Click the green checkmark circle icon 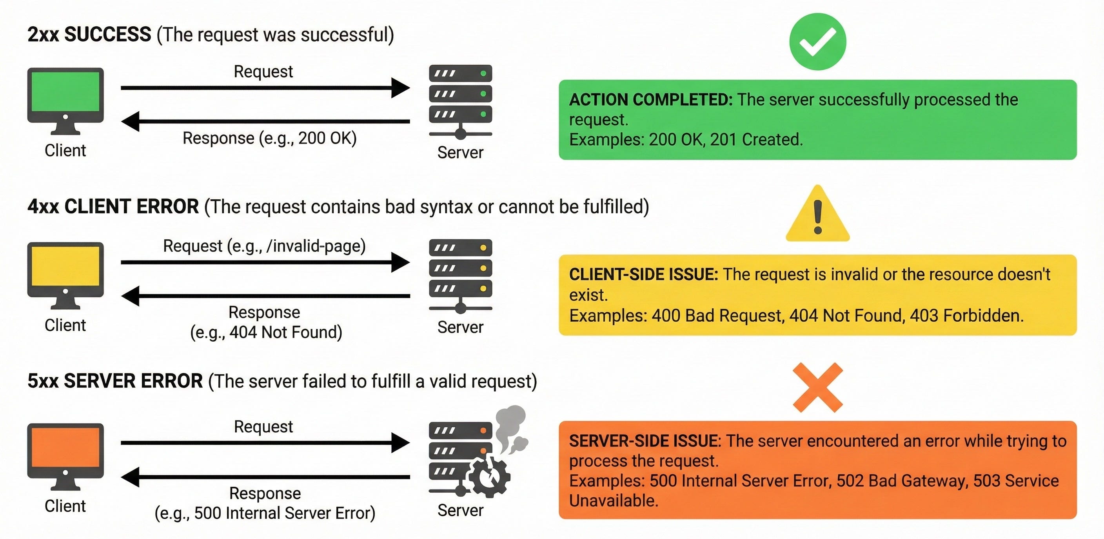(x=818, y=42)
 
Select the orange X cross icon (x=818, y=388)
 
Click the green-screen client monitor (x=65, y=101)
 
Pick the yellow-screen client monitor (x=65, y=275)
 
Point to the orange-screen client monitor (x=65, y=457)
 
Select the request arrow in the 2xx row (x=265, y=88)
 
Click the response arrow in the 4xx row (x=266, y=296)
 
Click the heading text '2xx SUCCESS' (x=89, y=34)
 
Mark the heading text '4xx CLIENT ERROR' (x=113, y=207)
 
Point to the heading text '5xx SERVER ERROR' (x=115, y=381)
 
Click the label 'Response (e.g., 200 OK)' (x=270, y=138)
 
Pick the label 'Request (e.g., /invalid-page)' (x=264, y=246)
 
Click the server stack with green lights (x=461, y=102)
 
